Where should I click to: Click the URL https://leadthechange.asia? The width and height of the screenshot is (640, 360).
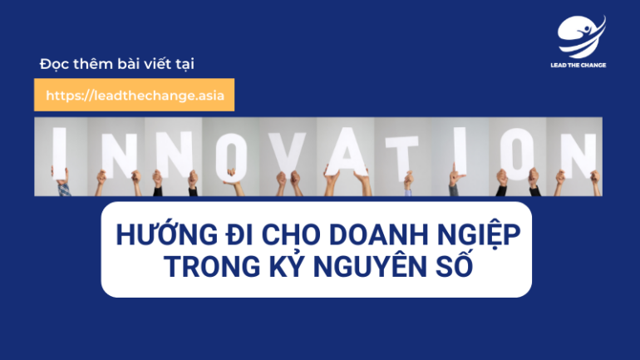point(135,96)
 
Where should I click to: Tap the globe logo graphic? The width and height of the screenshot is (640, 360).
point(581,37)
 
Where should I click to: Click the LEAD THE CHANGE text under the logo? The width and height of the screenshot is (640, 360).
point(578,65)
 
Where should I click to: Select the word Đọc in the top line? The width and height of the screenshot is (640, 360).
point(54,64)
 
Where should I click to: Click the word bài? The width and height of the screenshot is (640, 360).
point(127,64)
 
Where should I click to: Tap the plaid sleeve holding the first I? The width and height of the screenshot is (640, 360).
point(64,190)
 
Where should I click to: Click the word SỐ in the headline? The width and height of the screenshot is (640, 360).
point(455,264)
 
